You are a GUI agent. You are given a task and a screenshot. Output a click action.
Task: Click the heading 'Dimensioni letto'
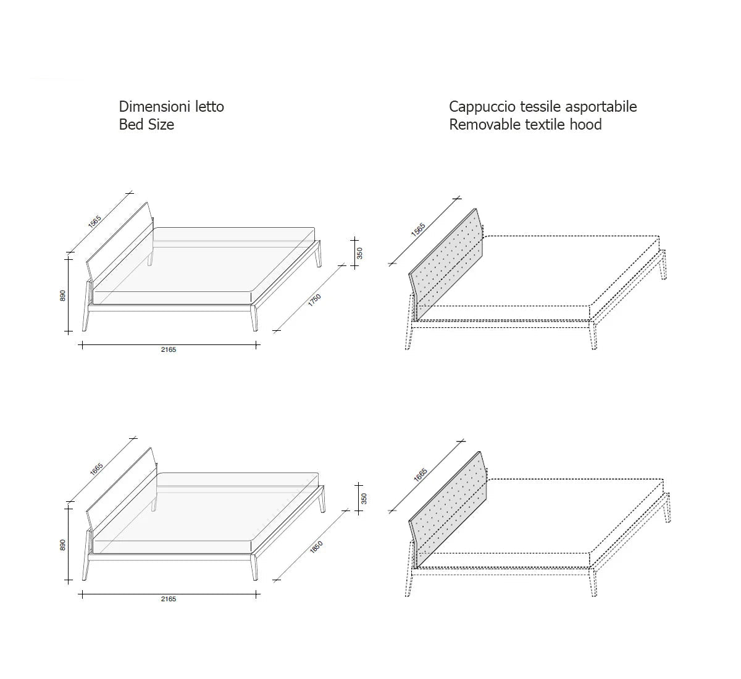[x=172, y=106]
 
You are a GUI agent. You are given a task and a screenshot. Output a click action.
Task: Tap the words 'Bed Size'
[x=146, y=125]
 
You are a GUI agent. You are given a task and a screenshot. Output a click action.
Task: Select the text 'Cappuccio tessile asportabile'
[x=543, y=107]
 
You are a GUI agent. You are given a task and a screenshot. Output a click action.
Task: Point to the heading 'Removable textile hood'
[x=525, y=125]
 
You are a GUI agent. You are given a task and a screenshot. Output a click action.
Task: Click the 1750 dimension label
[x=315, y=300]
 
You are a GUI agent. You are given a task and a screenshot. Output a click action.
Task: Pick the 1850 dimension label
[x=316, y=547]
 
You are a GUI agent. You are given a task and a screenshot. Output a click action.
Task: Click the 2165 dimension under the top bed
[x=169, y=349]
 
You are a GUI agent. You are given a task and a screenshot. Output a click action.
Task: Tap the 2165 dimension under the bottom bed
[x=169, y=599]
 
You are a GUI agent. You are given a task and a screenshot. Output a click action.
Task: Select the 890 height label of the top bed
[x=62, y=296]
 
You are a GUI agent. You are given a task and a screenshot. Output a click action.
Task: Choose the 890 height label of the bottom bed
[x=62, y=545]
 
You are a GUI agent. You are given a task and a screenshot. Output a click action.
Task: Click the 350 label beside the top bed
[x=359, y=253]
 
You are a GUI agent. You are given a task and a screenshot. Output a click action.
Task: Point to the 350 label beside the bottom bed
[x=364, y=499]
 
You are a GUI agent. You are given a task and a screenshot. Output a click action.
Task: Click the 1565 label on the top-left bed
[x=94, y=221]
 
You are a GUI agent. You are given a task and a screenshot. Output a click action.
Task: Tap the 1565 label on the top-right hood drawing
[x=419, y=230]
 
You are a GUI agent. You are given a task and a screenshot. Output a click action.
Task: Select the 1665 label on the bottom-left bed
[x=96, y=469]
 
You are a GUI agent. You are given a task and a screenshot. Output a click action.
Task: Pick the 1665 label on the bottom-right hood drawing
[x=421, y=475]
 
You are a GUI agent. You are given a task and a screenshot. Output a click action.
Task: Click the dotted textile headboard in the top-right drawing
[x=446, y=265]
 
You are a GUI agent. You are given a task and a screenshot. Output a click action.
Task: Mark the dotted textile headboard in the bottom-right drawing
[x=448, y=510]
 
